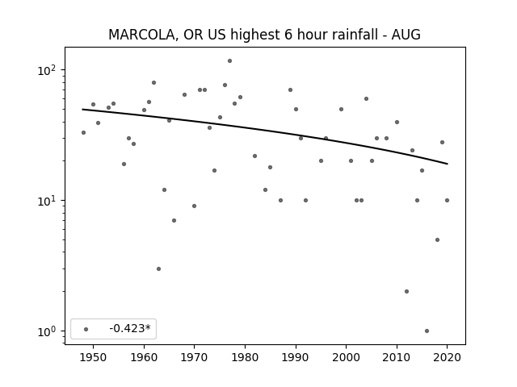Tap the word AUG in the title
(x=406, y=35)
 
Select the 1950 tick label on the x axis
(x=94, y=357)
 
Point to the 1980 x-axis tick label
(x=245, y=357)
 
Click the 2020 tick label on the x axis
(x=447, y=357)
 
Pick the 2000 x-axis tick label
(x=347, y=357)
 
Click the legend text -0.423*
(x=130, y=328)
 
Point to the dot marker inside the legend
(x=86, y=329)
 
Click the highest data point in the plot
(x=229, y=61)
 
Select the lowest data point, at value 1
(x=427, y=331)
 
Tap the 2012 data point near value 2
(x=406, y=292)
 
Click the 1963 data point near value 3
(x=158, y=268)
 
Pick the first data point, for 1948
(x=83, y=132)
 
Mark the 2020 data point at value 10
(x=447, y=201)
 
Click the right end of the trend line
(x=448, y=164)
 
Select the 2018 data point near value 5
(x=437, y=240)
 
